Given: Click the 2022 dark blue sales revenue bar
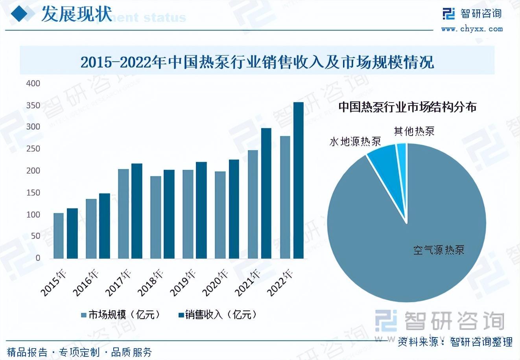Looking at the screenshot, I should click(x=299, y=180).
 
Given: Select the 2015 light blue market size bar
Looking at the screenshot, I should click(x=59, y=236).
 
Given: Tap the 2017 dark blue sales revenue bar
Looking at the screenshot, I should click(x=136, y=211).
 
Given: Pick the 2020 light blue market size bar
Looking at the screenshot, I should click(x=220, y=215).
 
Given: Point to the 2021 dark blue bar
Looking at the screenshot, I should click(x=266, y=193).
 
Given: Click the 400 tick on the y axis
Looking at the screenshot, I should click(x=33, y=83).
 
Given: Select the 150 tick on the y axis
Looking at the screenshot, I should click(x=33, y=193).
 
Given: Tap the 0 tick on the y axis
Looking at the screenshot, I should click(x=38, y=258).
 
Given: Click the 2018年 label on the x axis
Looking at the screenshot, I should click(x=151, y=282).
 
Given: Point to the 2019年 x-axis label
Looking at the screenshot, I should click(x=183, y=282).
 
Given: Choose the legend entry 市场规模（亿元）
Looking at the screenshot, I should click(x=121, y=315).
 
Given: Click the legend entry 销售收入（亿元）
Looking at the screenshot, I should click(x=218, y=315).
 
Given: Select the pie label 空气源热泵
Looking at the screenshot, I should click(x=439, y=250).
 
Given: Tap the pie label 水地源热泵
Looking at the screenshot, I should click(x=355, y=142).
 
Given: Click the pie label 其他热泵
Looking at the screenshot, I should click(x=414, y=131).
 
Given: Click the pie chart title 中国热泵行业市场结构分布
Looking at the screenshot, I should click(x=408, y=107).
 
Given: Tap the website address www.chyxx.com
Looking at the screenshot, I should click(x=472, y=29).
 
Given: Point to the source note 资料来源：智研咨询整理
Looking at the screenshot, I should click(x=455, y=342).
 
